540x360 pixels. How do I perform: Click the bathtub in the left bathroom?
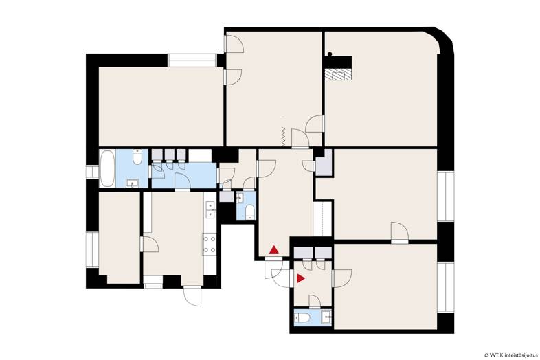point(107,168)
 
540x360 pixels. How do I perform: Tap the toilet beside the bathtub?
point(137,157)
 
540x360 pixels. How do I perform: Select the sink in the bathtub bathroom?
point(132,183)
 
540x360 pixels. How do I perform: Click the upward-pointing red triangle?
point(274,250)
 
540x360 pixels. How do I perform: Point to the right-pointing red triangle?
point(301,278)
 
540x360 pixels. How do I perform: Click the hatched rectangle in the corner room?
point(338,74)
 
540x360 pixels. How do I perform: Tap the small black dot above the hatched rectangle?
point(330,54)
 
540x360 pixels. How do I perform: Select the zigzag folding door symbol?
point(283,137)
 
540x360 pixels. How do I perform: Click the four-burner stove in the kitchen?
point(210,245)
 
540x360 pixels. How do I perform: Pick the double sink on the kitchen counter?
point(210,210)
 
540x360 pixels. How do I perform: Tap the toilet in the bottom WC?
point(301,317)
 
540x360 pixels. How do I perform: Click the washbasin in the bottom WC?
point(326,317)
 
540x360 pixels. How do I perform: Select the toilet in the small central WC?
point(249,212)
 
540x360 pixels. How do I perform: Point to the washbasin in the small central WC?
point(240,198)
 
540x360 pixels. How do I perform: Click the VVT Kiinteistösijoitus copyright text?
point(510,355)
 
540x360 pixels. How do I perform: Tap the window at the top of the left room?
point(192,60)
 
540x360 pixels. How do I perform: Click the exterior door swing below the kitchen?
point(192,296)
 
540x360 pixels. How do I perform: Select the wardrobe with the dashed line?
point(322,218)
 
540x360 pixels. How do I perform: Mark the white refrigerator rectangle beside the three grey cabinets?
point(200,156)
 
